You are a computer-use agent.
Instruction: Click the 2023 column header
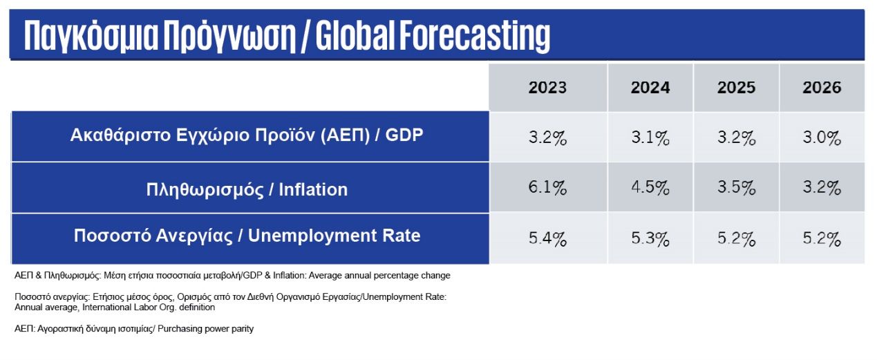(547, 88)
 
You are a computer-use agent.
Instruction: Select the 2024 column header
(650, 88)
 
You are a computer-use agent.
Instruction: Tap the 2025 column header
(736, 88)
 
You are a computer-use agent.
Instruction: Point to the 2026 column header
(822, 88)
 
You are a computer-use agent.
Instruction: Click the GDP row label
(247, 135)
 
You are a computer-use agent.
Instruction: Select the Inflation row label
(247, 189)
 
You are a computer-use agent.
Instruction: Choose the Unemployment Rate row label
(247, 236)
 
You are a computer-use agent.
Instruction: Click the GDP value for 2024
(650, 138)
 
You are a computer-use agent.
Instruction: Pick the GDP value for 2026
(822, 138)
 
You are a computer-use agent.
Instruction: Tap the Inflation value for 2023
(547, 188)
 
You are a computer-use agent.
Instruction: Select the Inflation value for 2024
(650, 188)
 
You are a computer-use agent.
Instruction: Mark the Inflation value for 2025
(736, 188)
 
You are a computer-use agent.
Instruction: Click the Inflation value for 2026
(822, 188)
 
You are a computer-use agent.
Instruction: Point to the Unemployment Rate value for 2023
(547, 240)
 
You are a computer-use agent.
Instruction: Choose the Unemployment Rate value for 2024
(650, 240)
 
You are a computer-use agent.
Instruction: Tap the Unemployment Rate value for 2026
(822, 240)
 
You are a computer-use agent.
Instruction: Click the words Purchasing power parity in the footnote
(206, 329)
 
